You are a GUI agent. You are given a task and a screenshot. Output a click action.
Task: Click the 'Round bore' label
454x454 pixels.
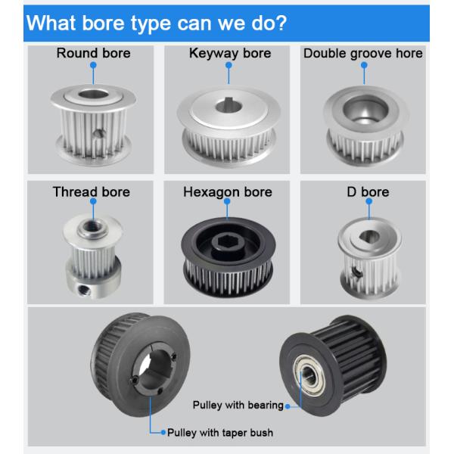point(94,53)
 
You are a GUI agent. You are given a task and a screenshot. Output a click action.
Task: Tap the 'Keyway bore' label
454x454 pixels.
point(230,54)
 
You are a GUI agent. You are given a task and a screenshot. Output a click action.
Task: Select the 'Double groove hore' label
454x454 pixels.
point(362,54)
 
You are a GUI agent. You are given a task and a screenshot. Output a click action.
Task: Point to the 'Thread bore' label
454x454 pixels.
point(92,192)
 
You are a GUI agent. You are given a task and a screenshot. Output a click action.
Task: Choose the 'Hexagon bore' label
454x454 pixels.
point(228,192)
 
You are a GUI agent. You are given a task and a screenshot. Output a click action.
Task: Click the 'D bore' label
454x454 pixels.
point(368,192)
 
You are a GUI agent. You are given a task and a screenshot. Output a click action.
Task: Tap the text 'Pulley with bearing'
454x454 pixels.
point(238,405)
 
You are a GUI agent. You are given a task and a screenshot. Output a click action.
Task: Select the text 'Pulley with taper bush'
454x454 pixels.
point(220,433)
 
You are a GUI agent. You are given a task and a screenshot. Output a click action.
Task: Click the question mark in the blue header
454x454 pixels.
point(279,23)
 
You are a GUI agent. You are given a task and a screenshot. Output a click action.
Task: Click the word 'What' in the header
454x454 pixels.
point(51,23)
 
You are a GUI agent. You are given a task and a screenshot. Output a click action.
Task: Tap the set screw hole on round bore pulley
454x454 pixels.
point(99,133)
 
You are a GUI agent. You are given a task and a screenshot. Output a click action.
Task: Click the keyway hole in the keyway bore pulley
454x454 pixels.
point(229,106)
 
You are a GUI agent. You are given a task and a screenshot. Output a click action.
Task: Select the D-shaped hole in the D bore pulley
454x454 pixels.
point(369,236)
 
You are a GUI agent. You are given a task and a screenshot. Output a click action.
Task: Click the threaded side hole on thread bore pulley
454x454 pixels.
point(84,290)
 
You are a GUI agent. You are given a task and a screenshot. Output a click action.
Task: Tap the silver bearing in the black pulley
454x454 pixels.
point(309,375)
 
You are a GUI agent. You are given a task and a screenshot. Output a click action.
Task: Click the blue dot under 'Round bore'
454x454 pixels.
point(93,65)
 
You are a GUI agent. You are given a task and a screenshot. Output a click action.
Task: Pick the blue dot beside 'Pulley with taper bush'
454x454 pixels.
point(163,433)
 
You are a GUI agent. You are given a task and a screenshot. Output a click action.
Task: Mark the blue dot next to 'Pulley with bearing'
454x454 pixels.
point(288,406)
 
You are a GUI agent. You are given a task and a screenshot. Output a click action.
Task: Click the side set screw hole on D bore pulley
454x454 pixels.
point(356,272)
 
